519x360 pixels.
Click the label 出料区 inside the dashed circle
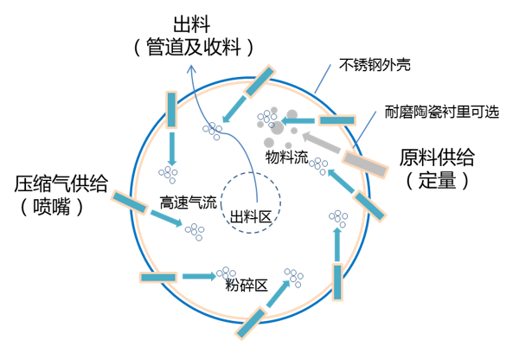point(251,217)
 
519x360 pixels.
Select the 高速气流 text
point(188,203)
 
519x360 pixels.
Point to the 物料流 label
point(287,158)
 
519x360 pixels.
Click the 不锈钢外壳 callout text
point(374,65)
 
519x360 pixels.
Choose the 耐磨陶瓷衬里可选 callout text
point(442,112)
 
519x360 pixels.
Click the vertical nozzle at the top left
point(171,105)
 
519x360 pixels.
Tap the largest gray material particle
point(292,115)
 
